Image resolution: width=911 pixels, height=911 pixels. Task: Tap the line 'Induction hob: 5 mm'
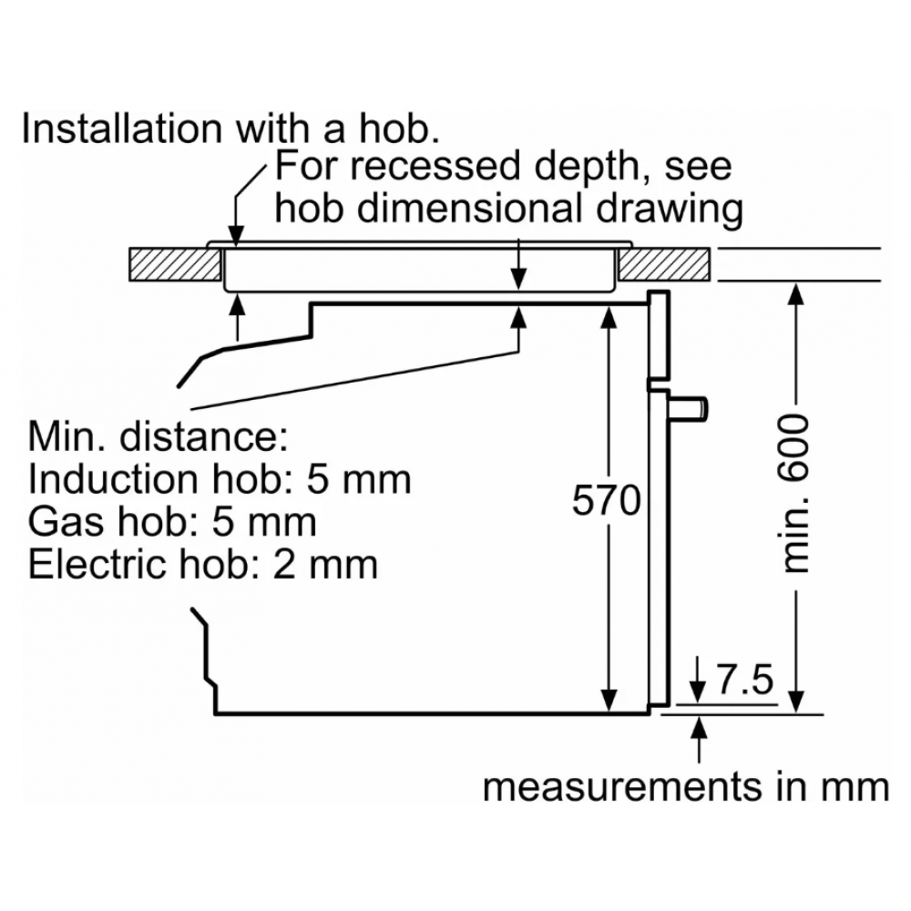[220, 478]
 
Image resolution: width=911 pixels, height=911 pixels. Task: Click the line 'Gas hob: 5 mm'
[173, 521]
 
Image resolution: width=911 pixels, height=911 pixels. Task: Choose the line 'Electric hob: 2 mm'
[202, 564]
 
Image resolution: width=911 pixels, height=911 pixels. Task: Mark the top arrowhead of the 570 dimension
[608, 314]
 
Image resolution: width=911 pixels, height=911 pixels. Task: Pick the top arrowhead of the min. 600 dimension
[796, 293]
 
